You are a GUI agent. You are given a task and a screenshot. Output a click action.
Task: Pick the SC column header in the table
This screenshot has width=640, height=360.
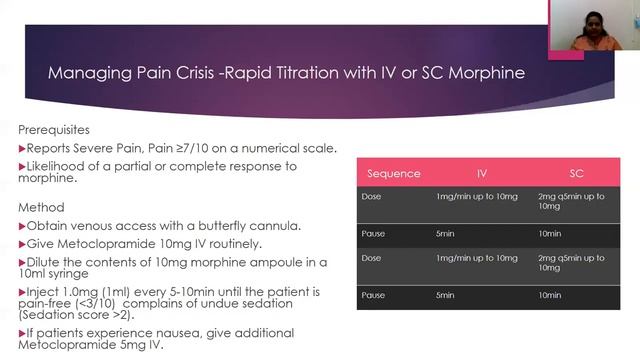pos(576,173)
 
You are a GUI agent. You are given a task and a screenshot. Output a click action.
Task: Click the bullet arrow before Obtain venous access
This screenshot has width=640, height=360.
pos(22,226)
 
